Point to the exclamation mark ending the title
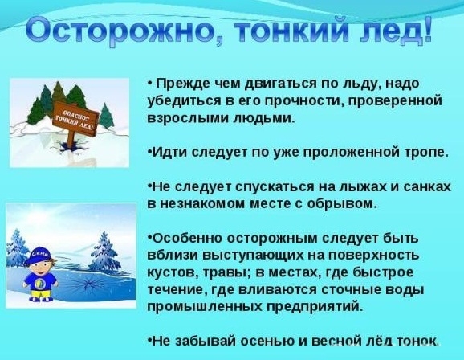426,30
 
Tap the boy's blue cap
39,255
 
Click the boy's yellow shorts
41,294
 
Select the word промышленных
204,306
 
